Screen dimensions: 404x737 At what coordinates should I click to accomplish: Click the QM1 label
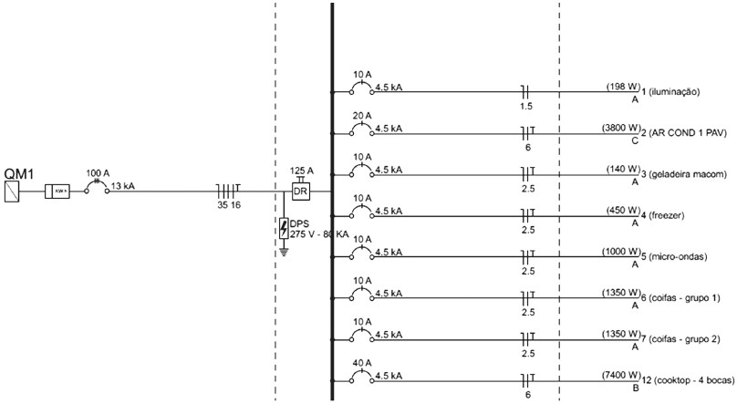[x=19, y=173]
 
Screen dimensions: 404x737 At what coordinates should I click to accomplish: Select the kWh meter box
[x=57, y=192]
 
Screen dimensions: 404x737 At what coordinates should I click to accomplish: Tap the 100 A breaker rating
[x=98, y=171]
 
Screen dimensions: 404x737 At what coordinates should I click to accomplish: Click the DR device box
[x=300, y=192]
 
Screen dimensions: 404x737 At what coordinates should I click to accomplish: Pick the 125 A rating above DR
[x=302, y=171]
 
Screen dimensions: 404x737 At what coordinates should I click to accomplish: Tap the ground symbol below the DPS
[x=285, y=251]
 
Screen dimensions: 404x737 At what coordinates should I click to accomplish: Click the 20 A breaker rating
[x=362, y=116]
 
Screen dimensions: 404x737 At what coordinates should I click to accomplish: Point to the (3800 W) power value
[x=620, y=129]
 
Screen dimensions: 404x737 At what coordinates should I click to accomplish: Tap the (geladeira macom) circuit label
[x=689, y=174]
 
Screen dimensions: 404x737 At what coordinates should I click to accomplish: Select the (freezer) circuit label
[x=669, y=215]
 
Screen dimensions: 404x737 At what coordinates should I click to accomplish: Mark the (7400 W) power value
[x=620, y=375]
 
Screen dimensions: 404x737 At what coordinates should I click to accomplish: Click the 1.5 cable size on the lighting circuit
[x=526, y=106]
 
